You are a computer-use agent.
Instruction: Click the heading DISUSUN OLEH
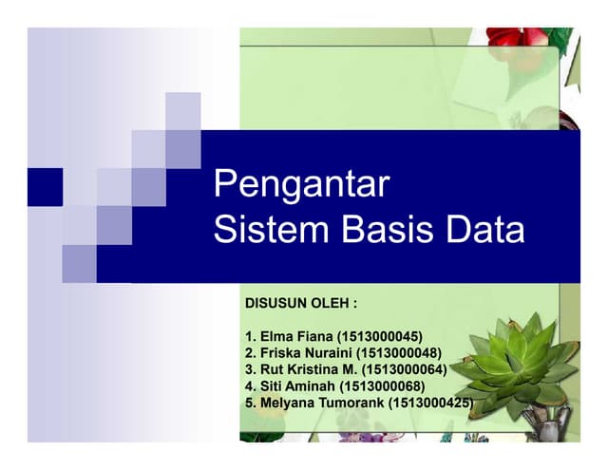pos(301,306)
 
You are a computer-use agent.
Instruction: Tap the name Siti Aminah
pos(299,386)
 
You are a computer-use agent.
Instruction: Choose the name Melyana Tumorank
pos(322,404)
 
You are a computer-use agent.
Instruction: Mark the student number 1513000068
pos(386,386)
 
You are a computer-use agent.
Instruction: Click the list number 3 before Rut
pos(249,370)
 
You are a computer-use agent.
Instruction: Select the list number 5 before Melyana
pos(249,404)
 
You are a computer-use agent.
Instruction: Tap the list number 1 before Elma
pos(249,337)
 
